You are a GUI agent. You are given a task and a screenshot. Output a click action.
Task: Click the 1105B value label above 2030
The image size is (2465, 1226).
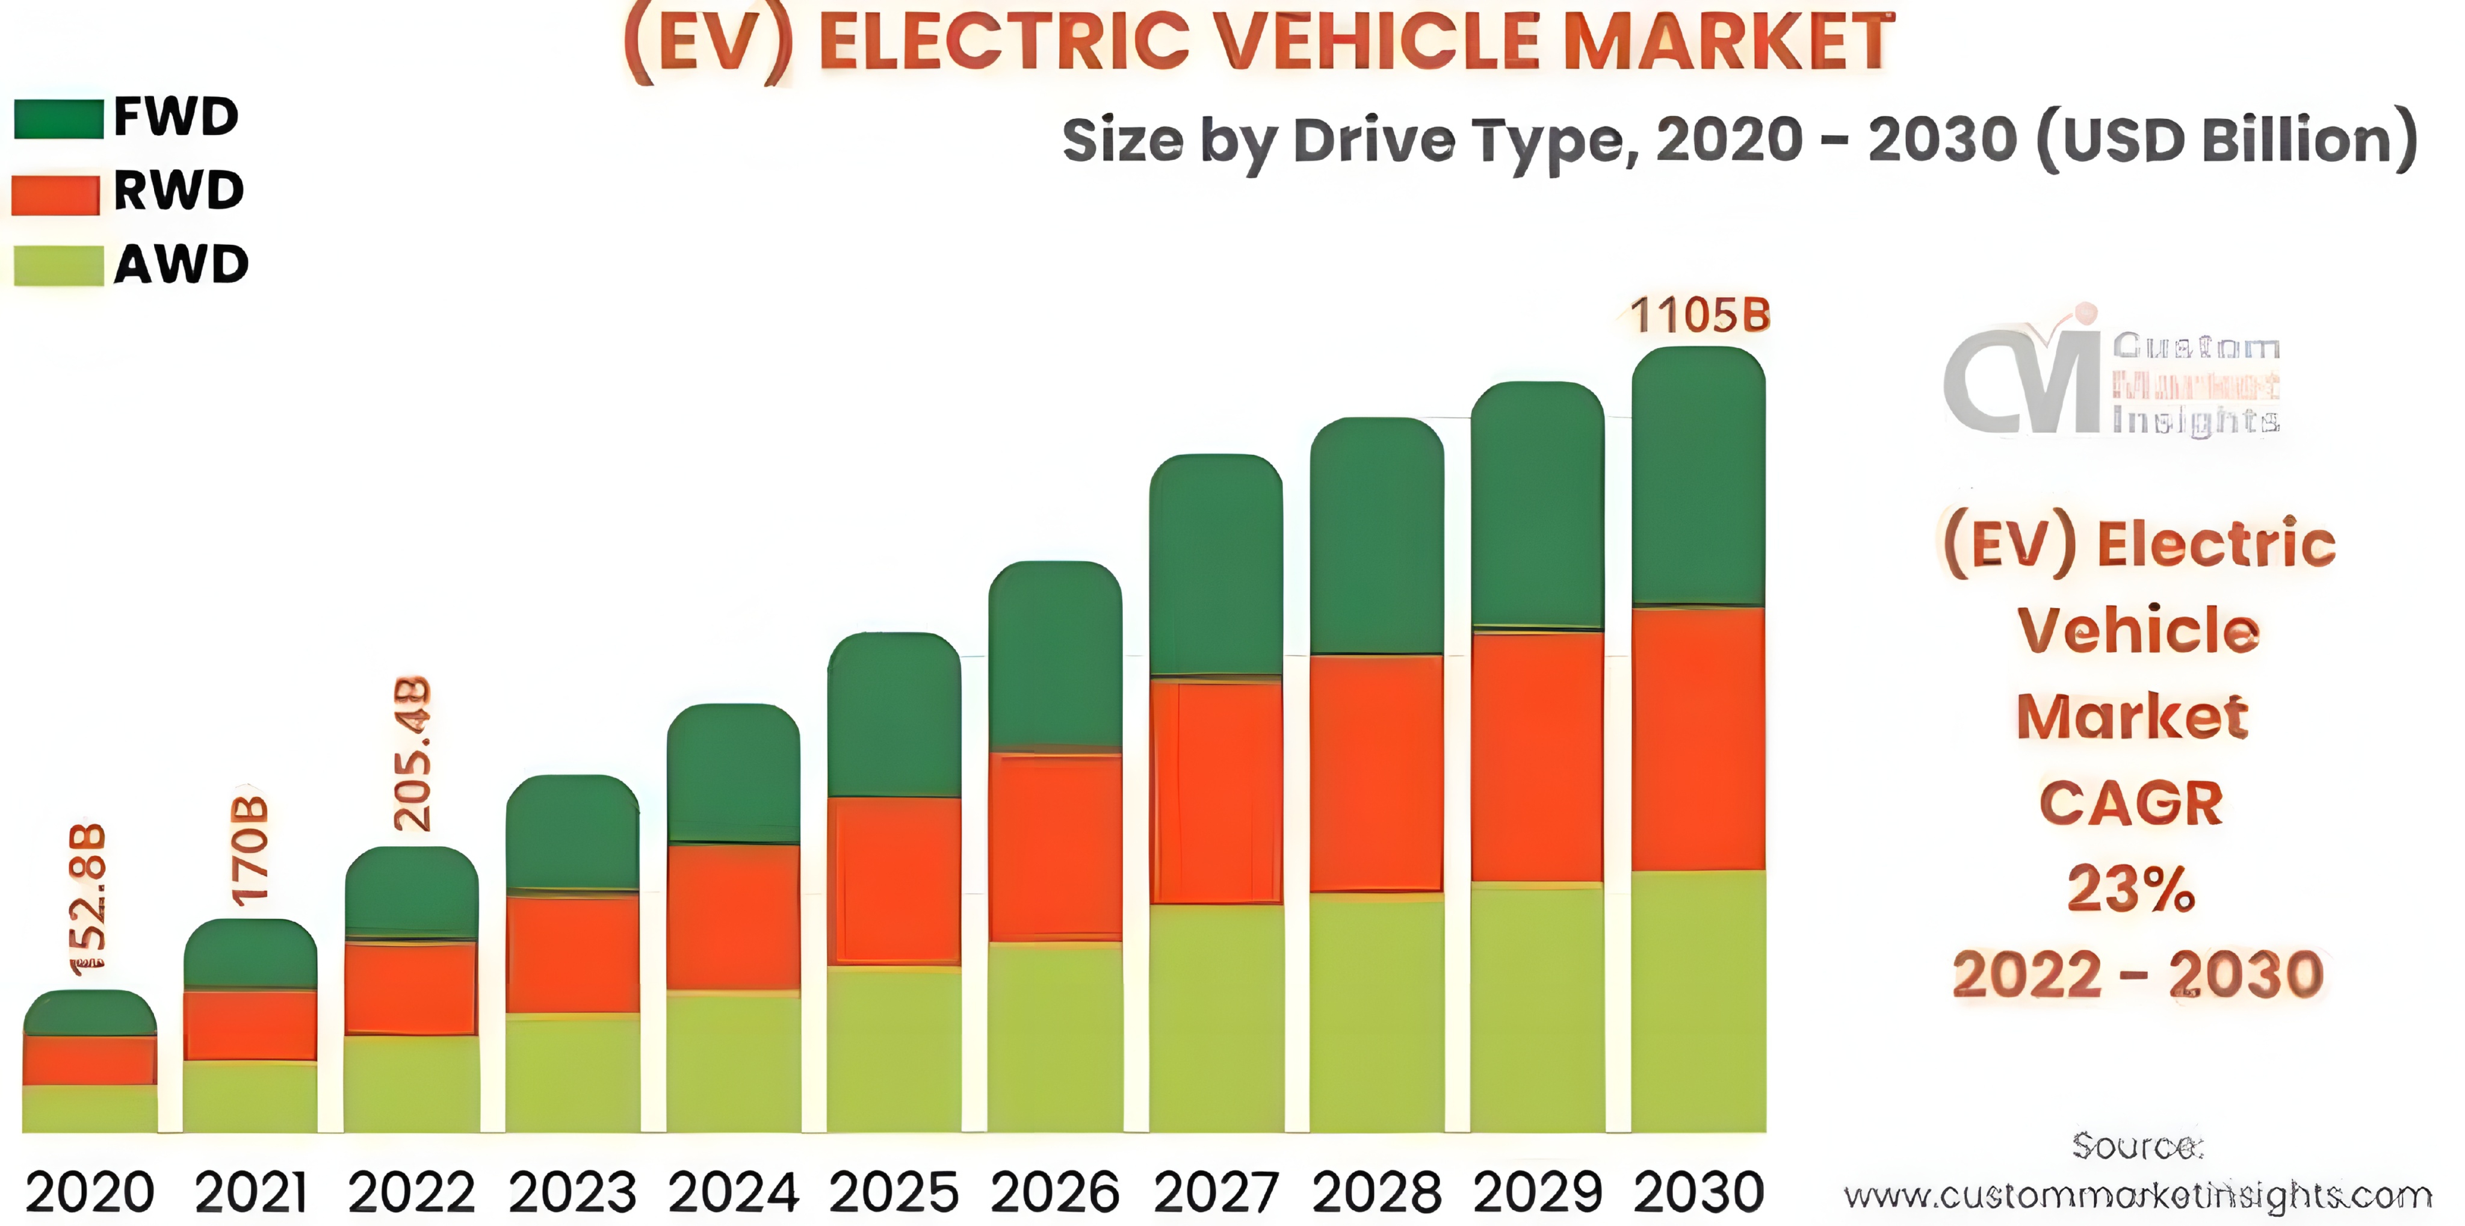[1700, 315]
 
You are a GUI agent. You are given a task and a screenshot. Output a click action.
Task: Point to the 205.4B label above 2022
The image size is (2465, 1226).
[412, 754]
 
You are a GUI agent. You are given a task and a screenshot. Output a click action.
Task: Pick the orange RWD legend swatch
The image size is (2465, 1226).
[55, 194]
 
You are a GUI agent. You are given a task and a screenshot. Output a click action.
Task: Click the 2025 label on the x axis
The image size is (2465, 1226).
[894, 1192]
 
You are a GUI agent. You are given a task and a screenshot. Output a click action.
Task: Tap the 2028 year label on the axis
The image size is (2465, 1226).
[1376, 1192]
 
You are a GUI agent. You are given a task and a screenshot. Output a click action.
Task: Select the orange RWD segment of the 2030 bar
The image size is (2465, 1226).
[1698, 739]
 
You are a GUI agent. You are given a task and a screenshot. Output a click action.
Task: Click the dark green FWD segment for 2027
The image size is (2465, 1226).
[1215, 565]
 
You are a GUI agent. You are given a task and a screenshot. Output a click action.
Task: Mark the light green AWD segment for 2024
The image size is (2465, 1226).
[733, 1062]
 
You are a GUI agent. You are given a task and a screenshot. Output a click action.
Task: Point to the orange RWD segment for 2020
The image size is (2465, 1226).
[89, 1059]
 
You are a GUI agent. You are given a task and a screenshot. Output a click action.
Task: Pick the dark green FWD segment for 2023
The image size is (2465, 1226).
[572, 832]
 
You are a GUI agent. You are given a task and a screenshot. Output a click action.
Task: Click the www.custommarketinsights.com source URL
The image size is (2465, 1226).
[2138, 1195]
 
